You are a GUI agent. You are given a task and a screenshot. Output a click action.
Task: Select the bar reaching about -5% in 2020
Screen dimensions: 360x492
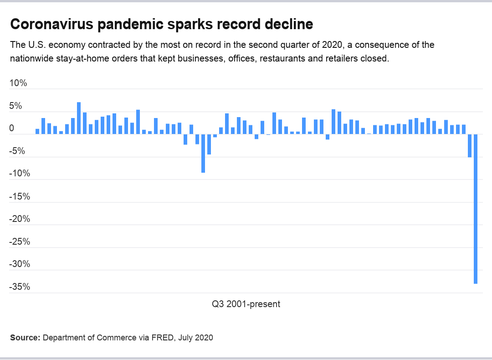470,145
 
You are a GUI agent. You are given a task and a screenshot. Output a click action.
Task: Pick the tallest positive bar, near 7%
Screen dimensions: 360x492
79,118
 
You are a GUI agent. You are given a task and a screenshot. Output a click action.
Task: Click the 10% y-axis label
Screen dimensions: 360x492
19,83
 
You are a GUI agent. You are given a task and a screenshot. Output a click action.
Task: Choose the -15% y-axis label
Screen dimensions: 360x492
20,196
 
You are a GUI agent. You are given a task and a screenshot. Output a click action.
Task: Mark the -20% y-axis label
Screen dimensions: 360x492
20,219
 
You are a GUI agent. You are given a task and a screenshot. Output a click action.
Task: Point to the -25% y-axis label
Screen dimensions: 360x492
20,242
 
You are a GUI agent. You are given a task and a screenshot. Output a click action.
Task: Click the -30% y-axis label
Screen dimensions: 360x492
20,264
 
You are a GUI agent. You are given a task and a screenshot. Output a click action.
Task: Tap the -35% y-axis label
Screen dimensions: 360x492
20,287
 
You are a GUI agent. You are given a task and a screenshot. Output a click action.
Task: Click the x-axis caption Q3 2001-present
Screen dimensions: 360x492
246,304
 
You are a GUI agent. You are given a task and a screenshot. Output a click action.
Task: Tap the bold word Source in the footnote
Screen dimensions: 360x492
25,338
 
